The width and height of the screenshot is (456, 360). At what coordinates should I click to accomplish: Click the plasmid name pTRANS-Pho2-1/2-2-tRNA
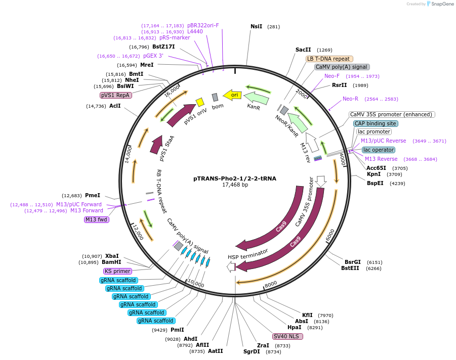click(235, 178)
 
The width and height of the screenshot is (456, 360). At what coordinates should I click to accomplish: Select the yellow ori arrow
click(233, 95)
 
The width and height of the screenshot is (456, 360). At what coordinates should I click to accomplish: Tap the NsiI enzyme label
click(257, 26)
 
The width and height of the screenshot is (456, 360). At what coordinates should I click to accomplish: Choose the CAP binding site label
click(376, 123)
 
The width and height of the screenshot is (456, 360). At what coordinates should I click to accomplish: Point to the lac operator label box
click(379, 150)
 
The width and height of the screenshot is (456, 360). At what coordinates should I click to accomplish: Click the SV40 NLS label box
click(287, 336)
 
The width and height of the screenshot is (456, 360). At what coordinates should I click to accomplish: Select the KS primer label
click(117, 272)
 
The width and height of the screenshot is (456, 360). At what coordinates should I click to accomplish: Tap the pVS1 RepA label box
click(116, 95)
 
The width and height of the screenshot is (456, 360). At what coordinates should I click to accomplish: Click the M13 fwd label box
click(97, 219)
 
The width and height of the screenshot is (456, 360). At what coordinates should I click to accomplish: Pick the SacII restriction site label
click(303, 50)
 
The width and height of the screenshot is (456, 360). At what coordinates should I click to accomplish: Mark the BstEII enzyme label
click(350, 268)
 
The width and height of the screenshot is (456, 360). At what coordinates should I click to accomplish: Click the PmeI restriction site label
click(93, 195)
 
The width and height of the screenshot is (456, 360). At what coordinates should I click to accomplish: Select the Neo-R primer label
click(350, 99)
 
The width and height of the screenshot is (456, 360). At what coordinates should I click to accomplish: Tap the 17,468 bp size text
click(235, 185)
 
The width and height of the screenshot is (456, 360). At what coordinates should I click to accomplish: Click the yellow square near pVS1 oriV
click(200, 102)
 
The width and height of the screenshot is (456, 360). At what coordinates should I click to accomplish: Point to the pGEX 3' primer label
click(153, 56)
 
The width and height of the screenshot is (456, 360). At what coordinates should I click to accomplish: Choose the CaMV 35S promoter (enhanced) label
click(392, 114)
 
